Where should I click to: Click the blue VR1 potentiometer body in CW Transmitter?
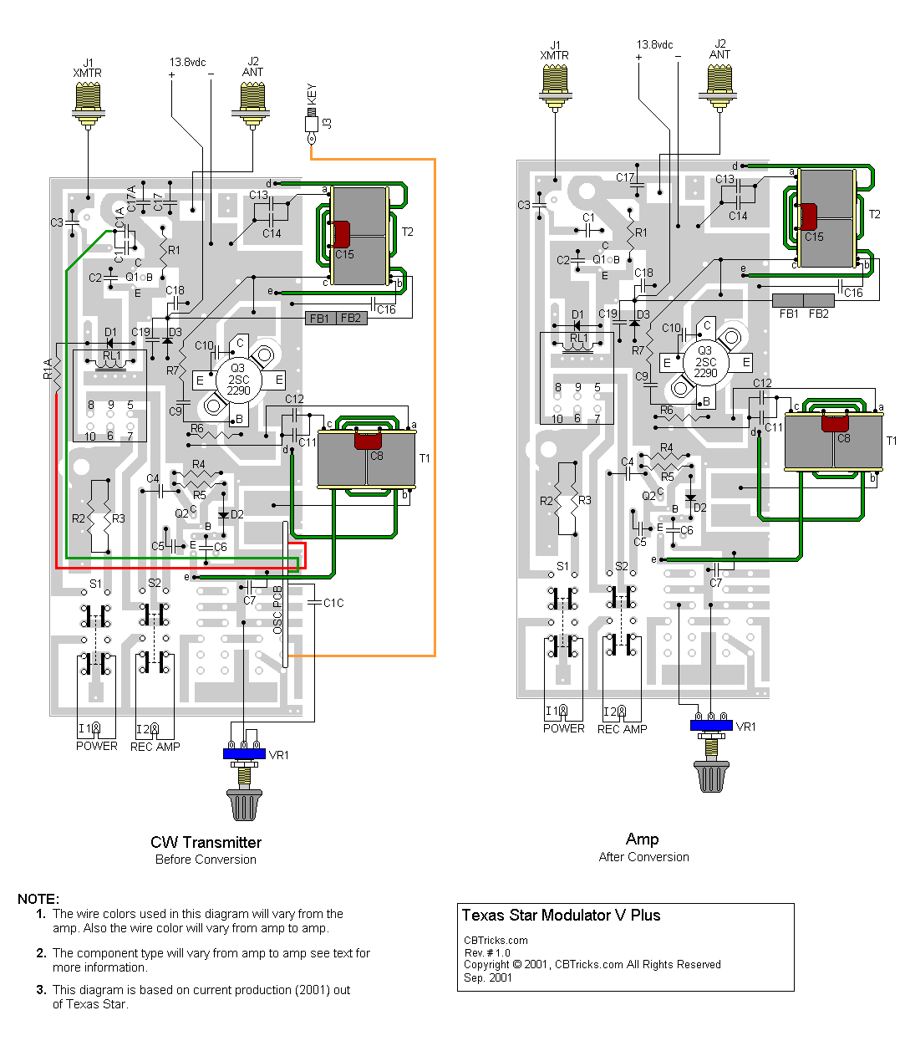(x=244, y=753)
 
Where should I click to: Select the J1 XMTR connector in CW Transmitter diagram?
(x=88, y=104)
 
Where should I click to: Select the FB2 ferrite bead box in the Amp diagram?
(x=819, y=301)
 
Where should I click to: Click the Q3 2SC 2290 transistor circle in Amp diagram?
(x=705, y=362)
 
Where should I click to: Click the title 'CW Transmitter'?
(x=206, y=842)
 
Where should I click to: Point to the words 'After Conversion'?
(x=643, y=857)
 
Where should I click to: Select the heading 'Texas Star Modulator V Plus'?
(x=561, y=916)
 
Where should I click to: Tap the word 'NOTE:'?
(x=38, y=899)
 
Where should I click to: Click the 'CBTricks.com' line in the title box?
(x=496, y=940)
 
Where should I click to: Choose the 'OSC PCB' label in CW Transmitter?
(x=278, y=610)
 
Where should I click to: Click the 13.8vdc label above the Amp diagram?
(x=654, y=45)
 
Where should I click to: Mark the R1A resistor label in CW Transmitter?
(x=48, y=369)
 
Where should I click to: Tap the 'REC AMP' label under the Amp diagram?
(x=622, y=729)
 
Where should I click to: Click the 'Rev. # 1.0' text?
(x=487, y=952)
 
